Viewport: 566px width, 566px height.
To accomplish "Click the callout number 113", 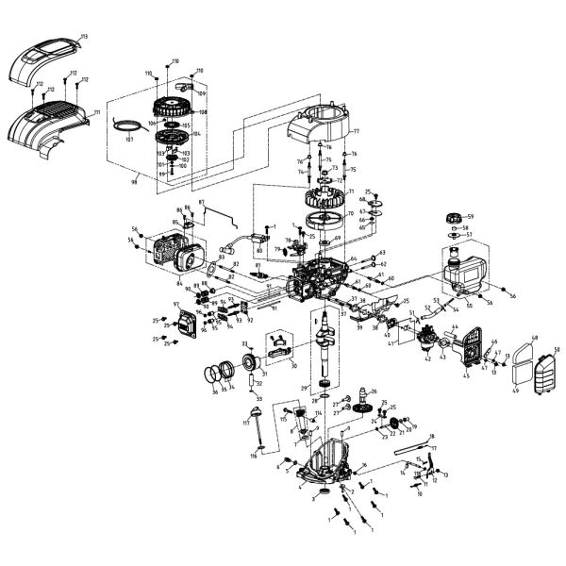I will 84,36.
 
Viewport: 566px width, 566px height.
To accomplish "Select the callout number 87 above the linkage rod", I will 201,204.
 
